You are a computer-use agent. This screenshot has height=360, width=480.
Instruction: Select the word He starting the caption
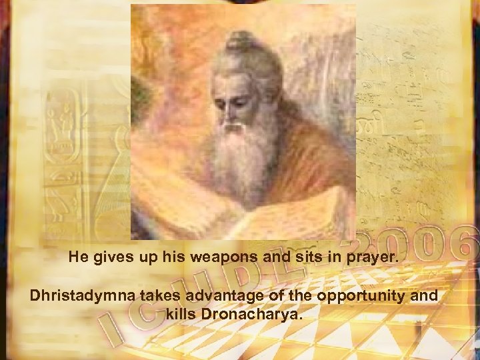(x=77, y=257)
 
